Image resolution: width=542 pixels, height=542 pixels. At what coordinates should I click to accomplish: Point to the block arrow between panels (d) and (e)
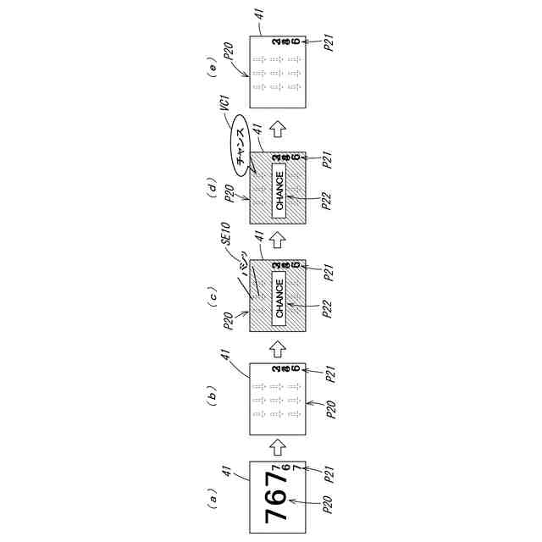pyautogui.click(x=278, y=128)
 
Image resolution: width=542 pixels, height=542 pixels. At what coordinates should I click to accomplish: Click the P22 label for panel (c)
pyautogui.click(x=328, y=310)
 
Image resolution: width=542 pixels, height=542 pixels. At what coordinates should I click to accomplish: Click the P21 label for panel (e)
pyautogui.click(x=328, y=43)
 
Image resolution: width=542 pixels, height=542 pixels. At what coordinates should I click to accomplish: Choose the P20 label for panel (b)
pyautogui.click(x=328, y=407)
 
